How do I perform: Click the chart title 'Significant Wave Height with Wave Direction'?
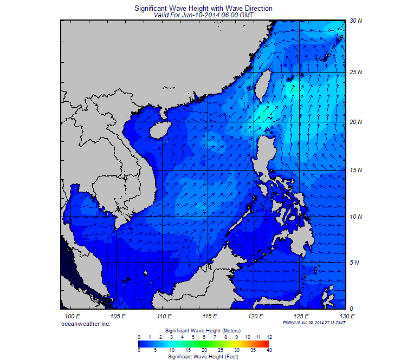[x=203, y=9]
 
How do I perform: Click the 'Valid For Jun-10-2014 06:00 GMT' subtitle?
[x=203, y=15]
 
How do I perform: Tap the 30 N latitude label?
[x=356, y=21]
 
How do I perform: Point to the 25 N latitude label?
[x=356, y=72]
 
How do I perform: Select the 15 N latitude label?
[x=356, y=171]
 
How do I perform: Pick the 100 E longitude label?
[x=73, y=316]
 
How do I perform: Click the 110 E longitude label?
[x=164, y=316]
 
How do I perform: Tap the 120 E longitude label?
[x=255, y=316]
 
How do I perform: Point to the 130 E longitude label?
[x=347, y=316]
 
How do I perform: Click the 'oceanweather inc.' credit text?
[x=86, y=323]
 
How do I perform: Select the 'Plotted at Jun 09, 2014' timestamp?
[x=314, y=323]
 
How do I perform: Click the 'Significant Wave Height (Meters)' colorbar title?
[x=203, y=330]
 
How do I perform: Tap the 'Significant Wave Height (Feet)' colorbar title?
[x=203, y=357]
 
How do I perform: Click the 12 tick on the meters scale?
[x=269, y=337]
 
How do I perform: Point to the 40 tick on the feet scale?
[x=269, y=350]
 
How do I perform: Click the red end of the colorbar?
[x=266, y=343]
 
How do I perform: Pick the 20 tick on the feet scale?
[x=204, y=350]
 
